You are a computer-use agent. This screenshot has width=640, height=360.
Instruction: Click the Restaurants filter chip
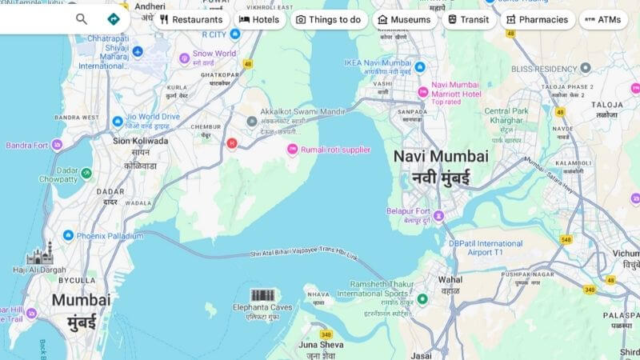click(x=190, y=19)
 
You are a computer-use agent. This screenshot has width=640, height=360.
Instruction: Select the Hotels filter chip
click(x=258, y=19)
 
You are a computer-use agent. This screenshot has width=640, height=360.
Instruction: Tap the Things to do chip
click(x=328, y=19)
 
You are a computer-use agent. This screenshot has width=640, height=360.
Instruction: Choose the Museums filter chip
click(x=404, y=19)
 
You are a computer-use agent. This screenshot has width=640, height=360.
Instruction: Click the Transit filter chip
click(x=468, y=19)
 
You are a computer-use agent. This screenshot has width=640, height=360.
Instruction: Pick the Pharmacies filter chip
click(x=538, y=19)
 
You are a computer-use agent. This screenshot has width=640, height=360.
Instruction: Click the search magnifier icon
click(x=82, y=19)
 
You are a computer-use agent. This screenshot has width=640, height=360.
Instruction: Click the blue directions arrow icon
click(x=113, y=19)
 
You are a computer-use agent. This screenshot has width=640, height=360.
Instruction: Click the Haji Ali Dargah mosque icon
click(x=39, y=256)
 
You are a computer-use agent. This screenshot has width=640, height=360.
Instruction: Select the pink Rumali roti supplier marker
click(x=293, y=149)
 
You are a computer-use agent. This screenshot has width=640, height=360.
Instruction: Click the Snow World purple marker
click(x=184, y=58)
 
